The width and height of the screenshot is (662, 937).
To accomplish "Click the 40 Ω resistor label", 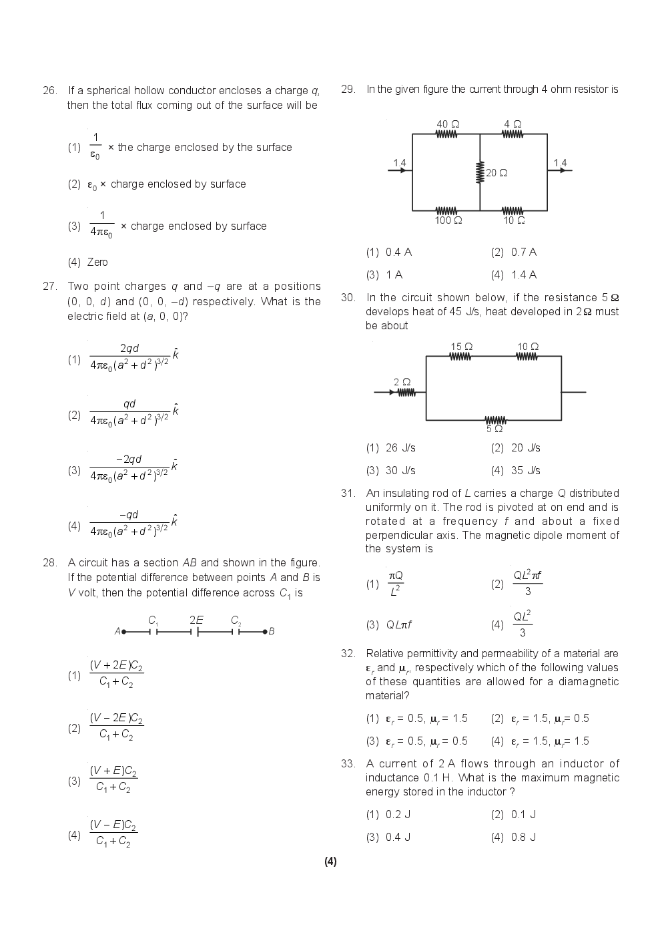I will pos(448,124).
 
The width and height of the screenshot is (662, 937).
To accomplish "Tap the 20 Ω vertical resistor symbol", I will pos(479,172).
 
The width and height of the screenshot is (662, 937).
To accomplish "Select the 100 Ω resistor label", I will pos(448,220).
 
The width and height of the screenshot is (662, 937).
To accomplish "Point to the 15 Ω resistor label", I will pos(461,347).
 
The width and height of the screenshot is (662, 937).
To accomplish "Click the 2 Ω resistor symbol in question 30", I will pos(406,393).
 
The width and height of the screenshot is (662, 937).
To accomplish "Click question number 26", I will pos(49,90).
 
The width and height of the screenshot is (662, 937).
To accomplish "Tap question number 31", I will pos(348,493).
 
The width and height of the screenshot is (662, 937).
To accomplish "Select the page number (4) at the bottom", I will pos(330,861).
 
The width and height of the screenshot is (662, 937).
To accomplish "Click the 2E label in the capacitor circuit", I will pos(196,620).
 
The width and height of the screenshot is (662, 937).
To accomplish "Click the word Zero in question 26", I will pos(97,262).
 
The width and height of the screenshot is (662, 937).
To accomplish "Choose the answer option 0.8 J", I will pos(523,837).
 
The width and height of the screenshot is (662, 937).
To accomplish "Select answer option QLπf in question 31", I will pos(398,624).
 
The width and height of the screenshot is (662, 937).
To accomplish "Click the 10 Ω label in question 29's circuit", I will pos(514,220).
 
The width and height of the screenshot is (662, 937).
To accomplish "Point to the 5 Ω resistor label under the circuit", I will pos(494,429).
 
